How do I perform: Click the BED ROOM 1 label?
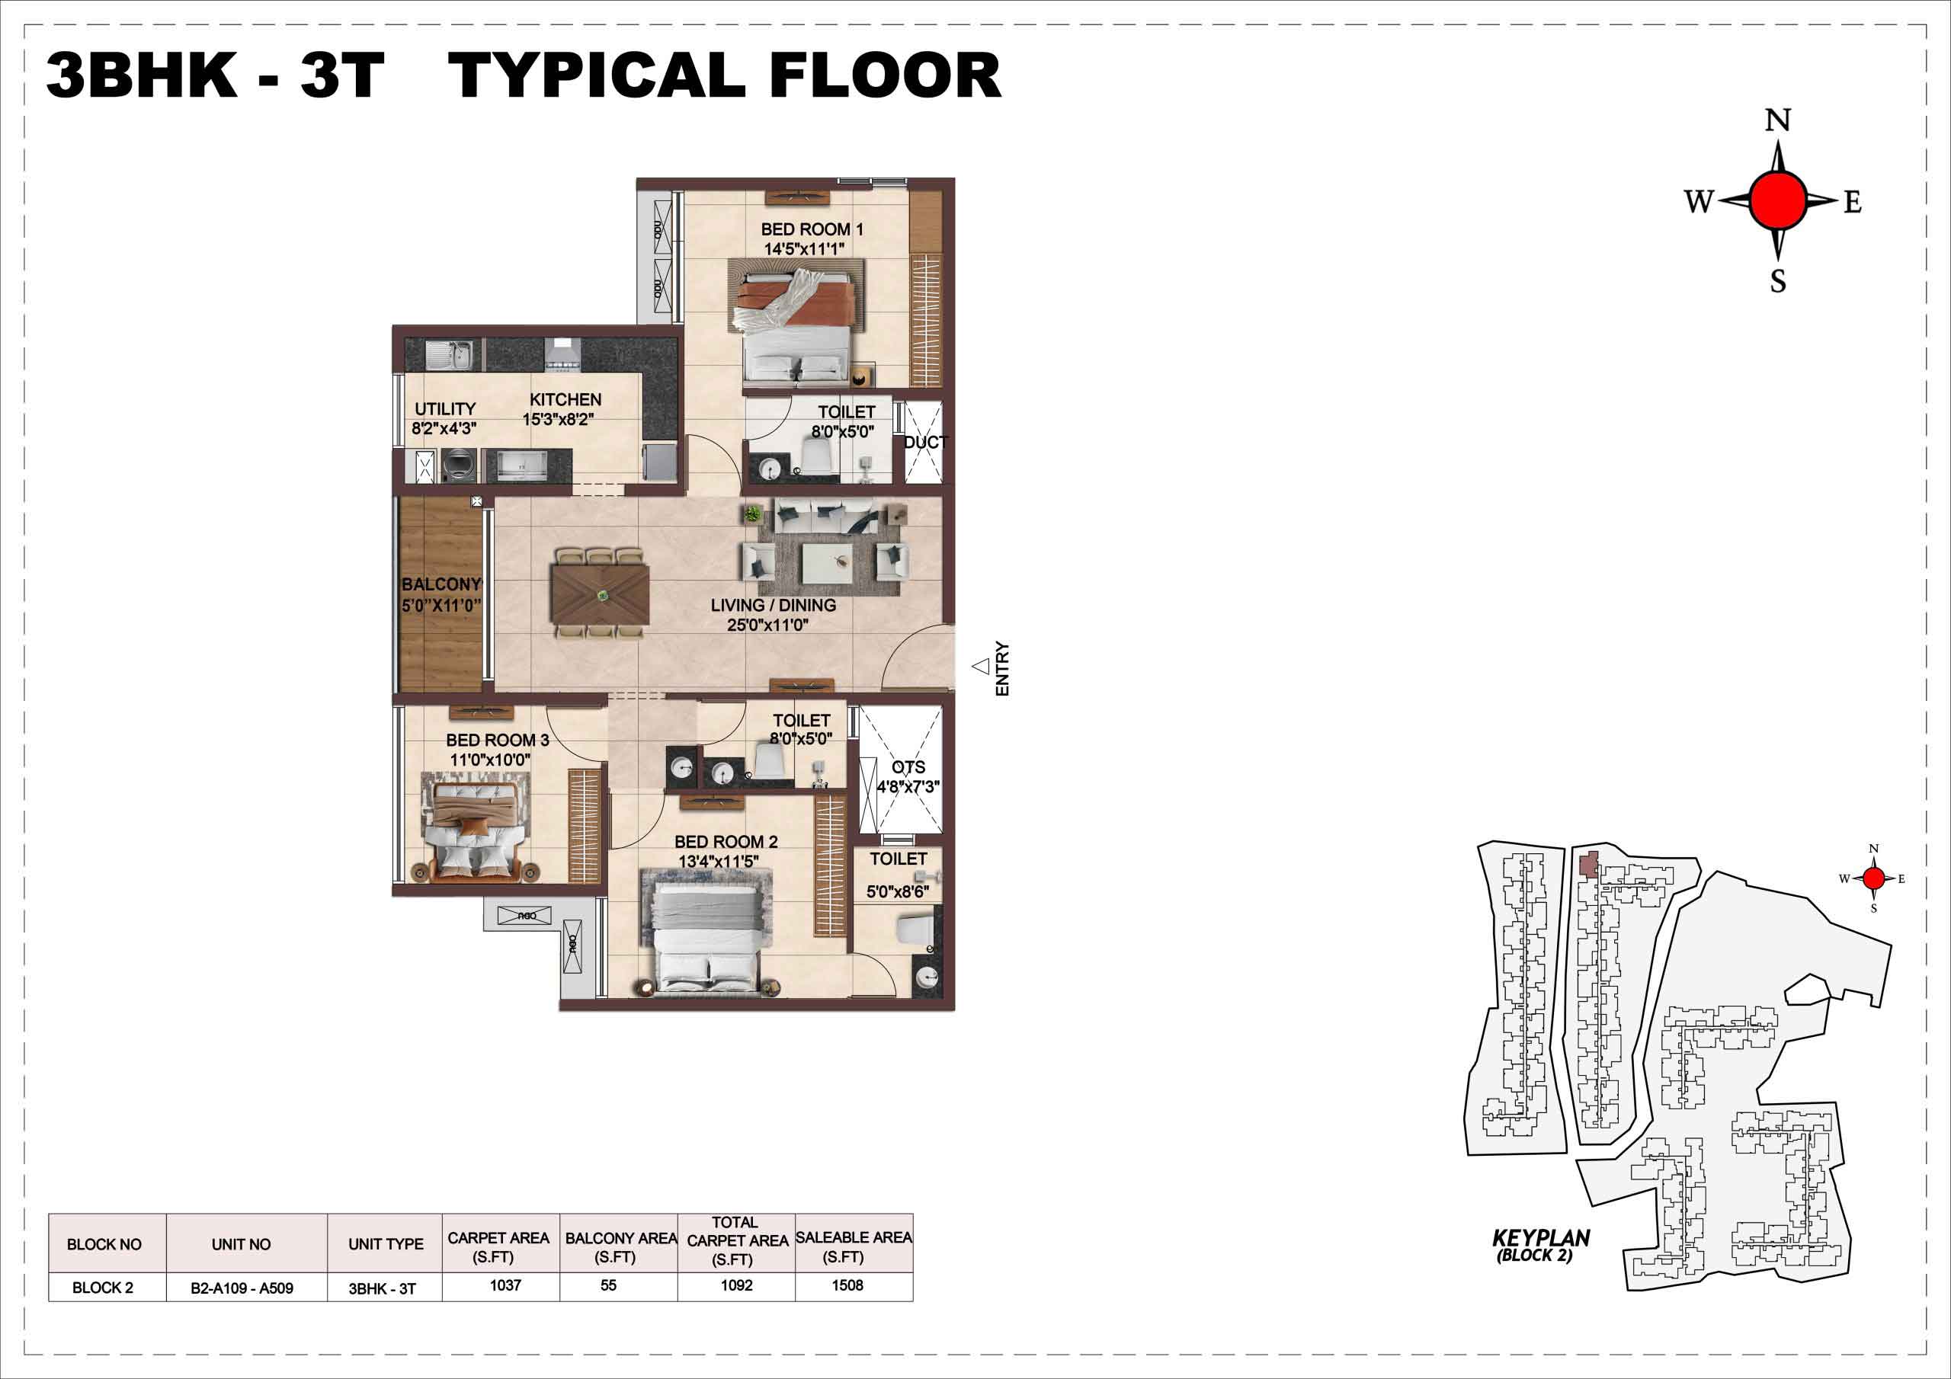pyautogui.click(x=812, y=229)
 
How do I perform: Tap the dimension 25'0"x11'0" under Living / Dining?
pyautogui.click(x=767, y=626)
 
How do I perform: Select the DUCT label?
pyautogui.click(x=925, y=443)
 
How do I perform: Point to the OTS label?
pyautogui.click(x=908, y=767)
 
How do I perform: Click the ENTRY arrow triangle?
pyautogui.click(x=981, y=667)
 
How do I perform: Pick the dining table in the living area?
pyautogui.click(x=600, y=595)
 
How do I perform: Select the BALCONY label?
pyautogui.click(x=441, y=584)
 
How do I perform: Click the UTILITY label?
pyautogui.click(x=445, y=408)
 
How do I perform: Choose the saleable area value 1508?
pyautogui.click(x=847, y=1285)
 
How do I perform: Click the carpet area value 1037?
pyautogui.click(x=505, y=1285)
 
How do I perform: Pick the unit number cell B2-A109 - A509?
pyautogui.click(x=242, y=1288)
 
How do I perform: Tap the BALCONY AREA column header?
pyautogui.click(x=620, y=1247)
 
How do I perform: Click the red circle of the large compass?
pyautogui.click(x=1778, y=200)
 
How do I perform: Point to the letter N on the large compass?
pyautogui.click(x=1778, y=120)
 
